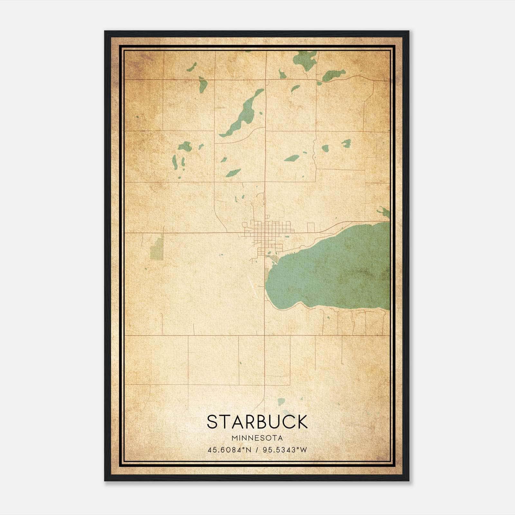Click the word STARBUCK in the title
point(257,422)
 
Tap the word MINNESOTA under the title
point(257,438)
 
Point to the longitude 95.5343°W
point(285,450)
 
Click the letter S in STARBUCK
point(212,422)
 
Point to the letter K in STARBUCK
point(302,422)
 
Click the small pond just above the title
point(281,401)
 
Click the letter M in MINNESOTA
point(234,438)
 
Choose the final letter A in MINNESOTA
point(281,438)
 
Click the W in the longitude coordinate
point(304,450)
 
